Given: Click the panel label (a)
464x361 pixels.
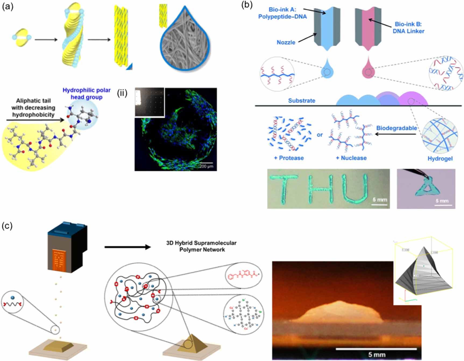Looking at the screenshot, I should coord(7,6).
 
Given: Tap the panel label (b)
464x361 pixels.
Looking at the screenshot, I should coord(247,5).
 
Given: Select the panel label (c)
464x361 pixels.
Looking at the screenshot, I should coord(7,226).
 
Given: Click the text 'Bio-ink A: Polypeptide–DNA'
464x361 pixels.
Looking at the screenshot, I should coord(282,13).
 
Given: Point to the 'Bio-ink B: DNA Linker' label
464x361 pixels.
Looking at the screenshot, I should coord(408,28).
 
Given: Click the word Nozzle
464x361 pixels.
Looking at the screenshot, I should coord(286,42).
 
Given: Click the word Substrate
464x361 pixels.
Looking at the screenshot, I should coord(302,101).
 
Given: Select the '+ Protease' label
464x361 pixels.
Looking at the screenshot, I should coord(289,158).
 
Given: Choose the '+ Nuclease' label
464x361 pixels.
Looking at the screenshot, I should coord(351,158).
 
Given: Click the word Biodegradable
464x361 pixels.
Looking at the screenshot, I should coord(396,128).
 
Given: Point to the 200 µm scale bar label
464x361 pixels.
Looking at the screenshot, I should coord(206,166).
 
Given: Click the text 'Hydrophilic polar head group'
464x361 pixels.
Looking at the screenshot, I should coord(87,93).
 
